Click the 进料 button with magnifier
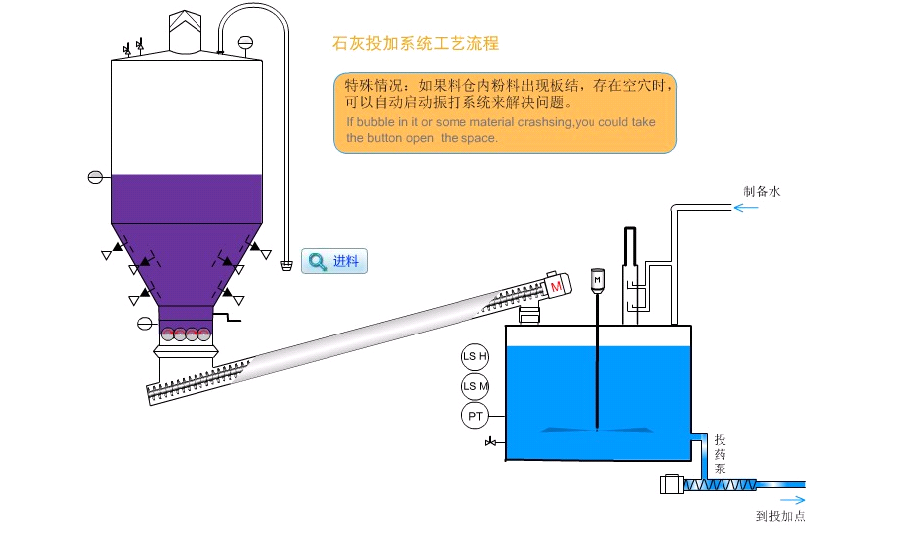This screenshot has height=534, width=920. point(334,261)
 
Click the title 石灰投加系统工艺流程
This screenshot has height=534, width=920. point(415,43)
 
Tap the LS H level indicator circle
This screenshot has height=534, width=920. point(475,357)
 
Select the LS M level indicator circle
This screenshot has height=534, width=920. point(475,386)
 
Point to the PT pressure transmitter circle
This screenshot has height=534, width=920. point(475,416)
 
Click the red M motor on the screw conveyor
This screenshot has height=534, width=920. point(556,286)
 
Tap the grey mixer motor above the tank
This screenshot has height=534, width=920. point(597,280)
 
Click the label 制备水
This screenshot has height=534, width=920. point(762,191)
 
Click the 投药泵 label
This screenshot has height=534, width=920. point(721,454)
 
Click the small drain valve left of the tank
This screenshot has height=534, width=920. point(491,441)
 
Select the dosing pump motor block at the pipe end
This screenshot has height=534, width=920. point(670,485)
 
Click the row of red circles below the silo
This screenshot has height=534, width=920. point(187,334)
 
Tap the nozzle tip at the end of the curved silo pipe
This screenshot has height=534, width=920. point(286,265)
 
